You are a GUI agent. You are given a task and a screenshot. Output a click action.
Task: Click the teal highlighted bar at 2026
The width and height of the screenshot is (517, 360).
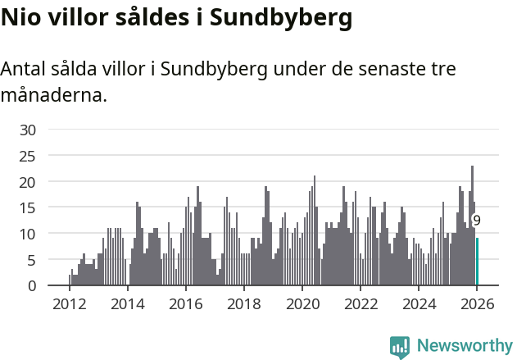[x=478, y=262]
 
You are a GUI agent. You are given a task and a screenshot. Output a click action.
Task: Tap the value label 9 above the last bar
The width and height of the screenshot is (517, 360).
[x=476, y=221]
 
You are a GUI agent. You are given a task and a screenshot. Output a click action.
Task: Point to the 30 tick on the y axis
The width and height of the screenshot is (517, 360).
[x=28, y=130]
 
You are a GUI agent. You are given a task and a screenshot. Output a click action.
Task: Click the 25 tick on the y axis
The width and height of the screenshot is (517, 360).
[x=28, y=156]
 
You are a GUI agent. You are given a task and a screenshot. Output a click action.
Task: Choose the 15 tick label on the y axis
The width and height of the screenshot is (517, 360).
[x=28, y=207]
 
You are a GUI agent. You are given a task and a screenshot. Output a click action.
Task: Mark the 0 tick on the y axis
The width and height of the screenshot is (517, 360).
[x=31, y=286]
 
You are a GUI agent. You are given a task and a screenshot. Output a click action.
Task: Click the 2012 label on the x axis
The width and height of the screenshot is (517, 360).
[x=69, y=303]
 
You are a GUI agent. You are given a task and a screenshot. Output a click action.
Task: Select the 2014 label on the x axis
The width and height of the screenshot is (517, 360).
[x=127, y=303]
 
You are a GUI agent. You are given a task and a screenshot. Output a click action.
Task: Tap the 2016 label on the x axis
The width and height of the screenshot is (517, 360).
[x=185, y=303]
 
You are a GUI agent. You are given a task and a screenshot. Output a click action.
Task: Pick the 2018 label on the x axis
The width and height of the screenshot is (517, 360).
[x=243, y=303]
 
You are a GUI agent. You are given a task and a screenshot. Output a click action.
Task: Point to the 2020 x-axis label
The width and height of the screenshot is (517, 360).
[x=302, y=303]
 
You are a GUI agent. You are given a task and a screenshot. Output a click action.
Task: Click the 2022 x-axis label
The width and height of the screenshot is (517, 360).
[x=361, y=303]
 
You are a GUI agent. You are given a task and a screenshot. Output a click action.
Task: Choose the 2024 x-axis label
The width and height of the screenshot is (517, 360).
[x=419, y=303]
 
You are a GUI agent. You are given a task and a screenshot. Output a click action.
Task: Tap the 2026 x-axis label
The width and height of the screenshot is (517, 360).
[x=477, y=303]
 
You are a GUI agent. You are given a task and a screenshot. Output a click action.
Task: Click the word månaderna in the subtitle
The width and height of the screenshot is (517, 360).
[x=53, y=95]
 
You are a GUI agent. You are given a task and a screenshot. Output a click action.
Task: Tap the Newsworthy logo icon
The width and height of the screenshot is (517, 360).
[x=400, y=347]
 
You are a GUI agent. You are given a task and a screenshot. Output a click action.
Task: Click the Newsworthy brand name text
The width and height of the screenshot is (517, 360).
[x=465, y=347]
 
